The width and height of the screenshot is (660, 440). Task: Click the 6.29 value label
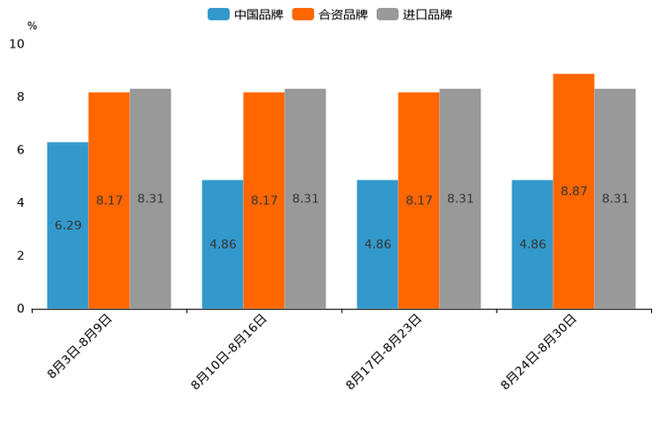[x=67, y=225]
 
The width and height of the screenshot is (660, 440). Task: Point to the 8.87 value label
[x=574, y=191]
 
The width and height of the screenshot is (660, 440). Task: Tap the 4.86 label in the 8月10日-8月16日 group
[x=223, y=244]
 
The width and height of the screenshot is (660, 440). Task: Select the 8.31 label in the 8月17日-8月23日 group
[x=460, y=199]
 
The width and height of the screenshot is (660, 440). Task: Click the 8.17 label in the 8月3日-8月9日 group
[x=109, y=200]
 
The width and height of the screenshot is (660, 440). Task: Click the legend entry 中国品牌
[x=246, y=14]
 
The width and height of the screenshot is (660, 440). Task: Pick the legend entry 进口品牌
[x=415, y=14]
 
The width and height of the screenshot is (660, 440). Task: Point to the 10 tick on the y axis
[x=17, y=43]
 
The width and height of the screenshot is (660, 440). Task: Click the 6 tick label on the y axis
[x=20, y=150]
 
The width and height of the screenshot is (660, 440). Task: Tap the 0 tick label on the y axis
[x=20, y=309]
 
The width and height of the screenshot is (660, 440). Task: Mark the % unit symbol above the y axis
[x=32, y=26]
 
